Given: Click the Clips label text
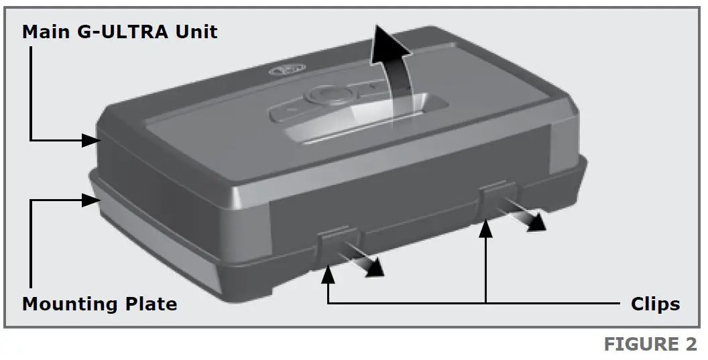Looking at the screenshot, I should point(655,304).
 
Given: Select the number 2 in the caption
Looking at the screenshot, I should point(691,345).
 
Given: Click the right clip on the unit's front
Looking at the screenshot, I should point(497,199).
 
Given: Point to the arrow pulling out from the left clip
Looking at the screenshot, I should point(365,262).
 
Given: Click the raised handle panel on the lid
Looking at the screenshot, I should point(355,111).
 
